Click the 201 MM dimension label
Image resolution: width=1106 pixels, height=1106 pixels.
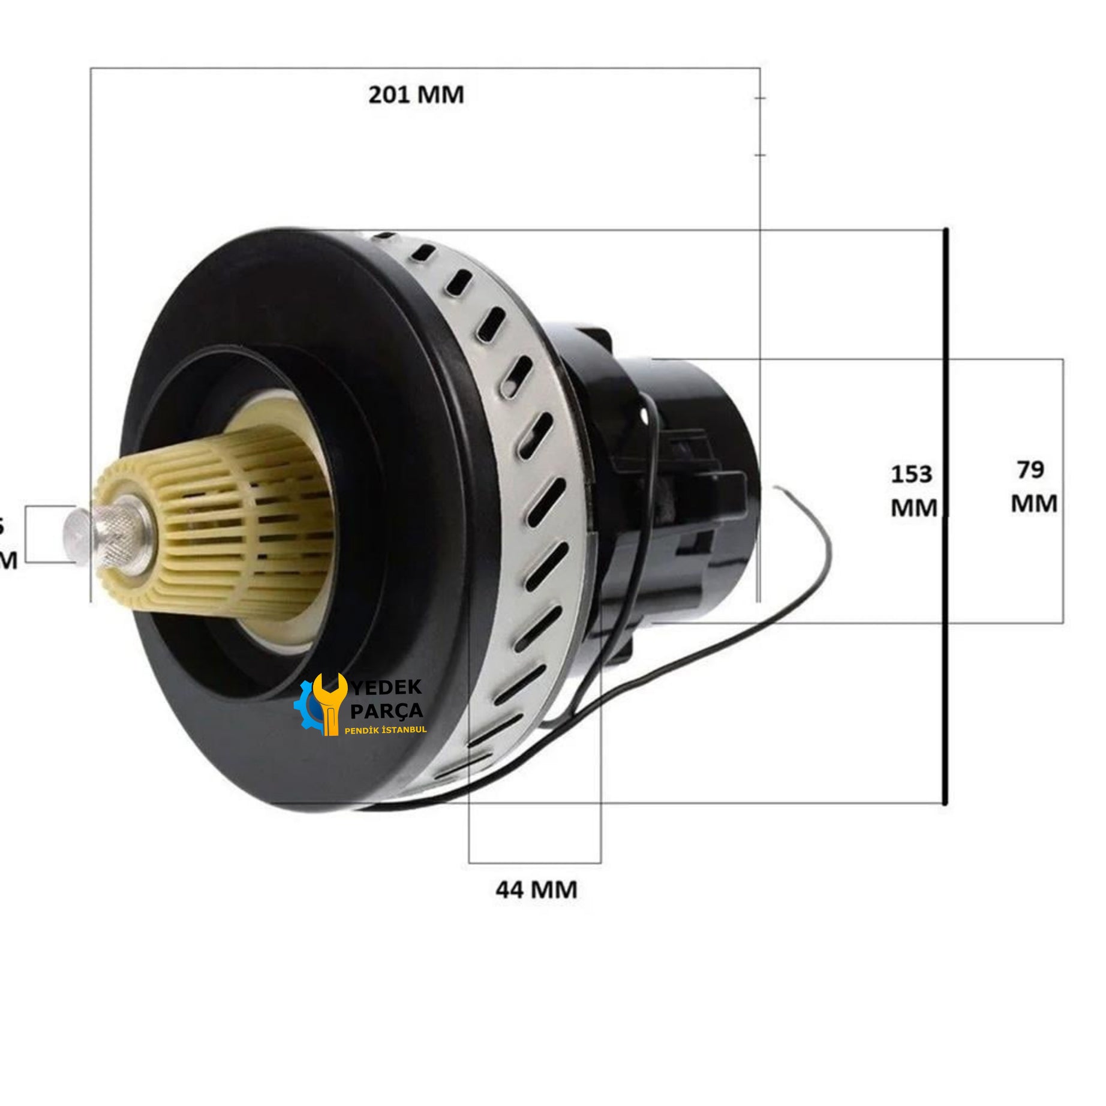coord(416,95)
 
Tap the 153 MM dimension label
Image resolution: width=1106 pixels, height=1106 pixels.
coord(913,491)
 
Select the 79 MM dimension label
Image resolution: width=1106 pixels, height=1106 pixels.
coord(1033,486)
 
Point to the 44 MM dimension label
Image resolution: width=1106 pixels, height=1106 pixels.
coord(536,889)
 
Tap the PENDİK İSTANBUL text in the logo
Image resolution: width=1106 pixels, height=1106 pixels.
coord(385,730)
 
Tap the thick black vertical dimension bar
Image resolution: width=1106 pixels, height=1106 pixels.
coord(945,516)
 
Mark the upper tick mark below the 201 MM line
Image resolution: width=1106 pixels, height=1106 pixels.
coord(760,98)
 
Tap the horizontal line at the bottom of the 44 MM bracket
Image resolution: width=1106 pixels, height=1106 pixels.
coord(534,862)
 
